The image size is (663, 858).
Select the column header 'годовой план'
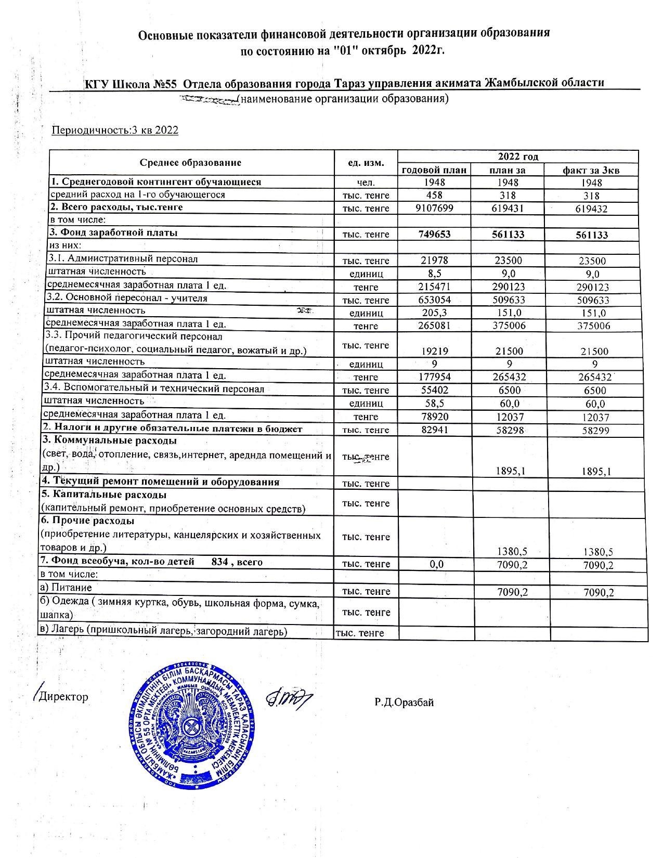[x=434, y=170]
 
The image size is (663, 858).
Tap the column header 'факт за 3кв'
[x=591, y=170]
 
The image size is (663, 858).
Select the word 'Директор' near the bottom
[x=63, y=697]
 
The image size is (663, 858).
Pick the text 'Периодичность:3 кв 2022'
[x=115, y=130]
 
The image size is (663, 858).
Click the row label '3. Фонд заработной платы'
[x=113, y=232]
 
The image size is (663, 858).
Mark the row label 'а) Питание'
[x=66, y=588]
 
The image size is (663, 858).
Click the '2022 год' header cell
[x=517, y=157]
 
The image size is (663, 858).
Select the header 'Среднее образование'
[x=190, y=163]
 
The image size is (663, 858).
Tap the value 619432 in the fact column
[x=591, y=209]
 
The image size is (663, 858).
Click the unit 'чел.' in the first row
[x=366, y=183]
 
